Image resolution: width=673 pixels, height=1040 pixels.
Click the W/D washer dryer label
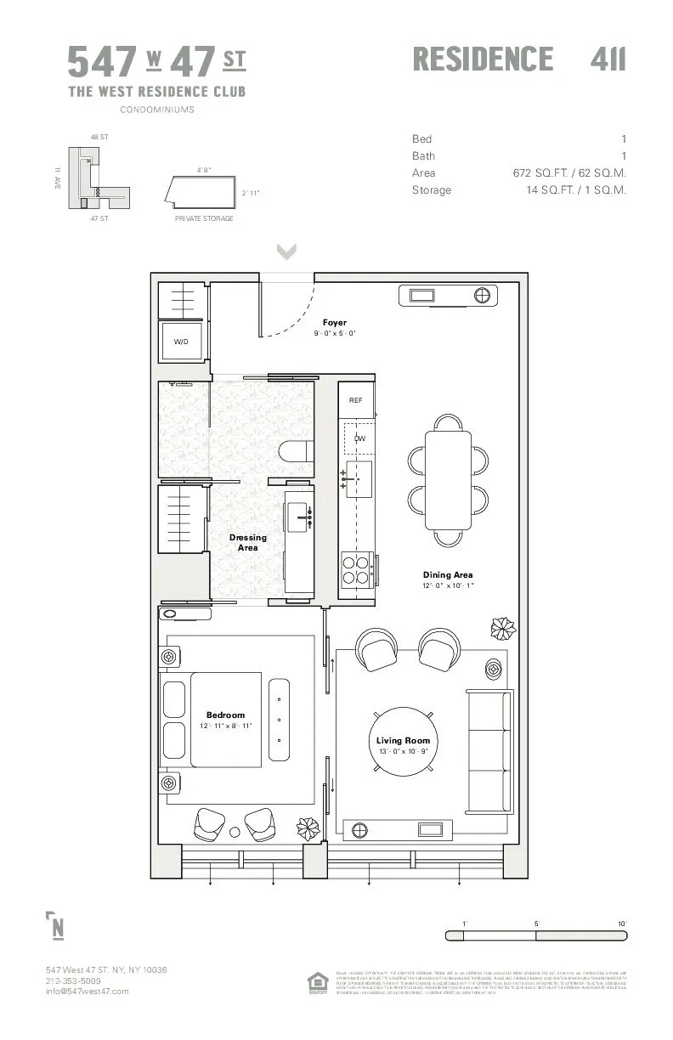181,342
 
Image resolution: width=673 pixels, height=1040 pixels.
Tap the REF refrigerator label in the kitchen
356,400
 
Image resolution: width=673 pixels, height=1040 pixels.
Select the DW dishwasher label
359,438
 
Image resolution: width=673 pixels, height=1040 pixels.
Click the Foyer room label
334,323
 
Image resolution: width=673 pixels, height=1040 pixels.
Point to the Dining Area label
448,575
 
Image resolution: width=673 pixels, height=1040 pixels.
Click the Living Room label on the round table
404,741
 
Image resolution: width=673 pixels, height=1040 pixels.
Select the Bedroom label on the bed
225,715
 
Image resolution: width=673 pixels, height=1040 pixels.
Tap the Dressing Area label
247,542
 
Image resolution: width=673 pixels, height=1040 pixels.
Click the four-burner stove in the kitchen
356,568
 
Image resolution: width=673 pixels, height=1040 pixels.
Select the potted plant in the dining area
503,628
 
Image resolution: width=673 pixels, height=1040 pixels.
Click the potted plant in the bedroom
308,827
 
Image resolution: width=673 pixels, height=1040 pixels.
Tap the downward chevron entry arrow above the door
286,252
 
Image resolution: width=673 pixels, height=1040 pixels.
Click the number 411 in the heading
608,59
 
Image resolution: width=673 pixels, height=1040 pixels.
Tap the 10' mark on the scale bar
622,924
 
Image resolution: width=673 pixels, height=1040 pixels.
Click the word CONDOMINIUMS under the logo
156,110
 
